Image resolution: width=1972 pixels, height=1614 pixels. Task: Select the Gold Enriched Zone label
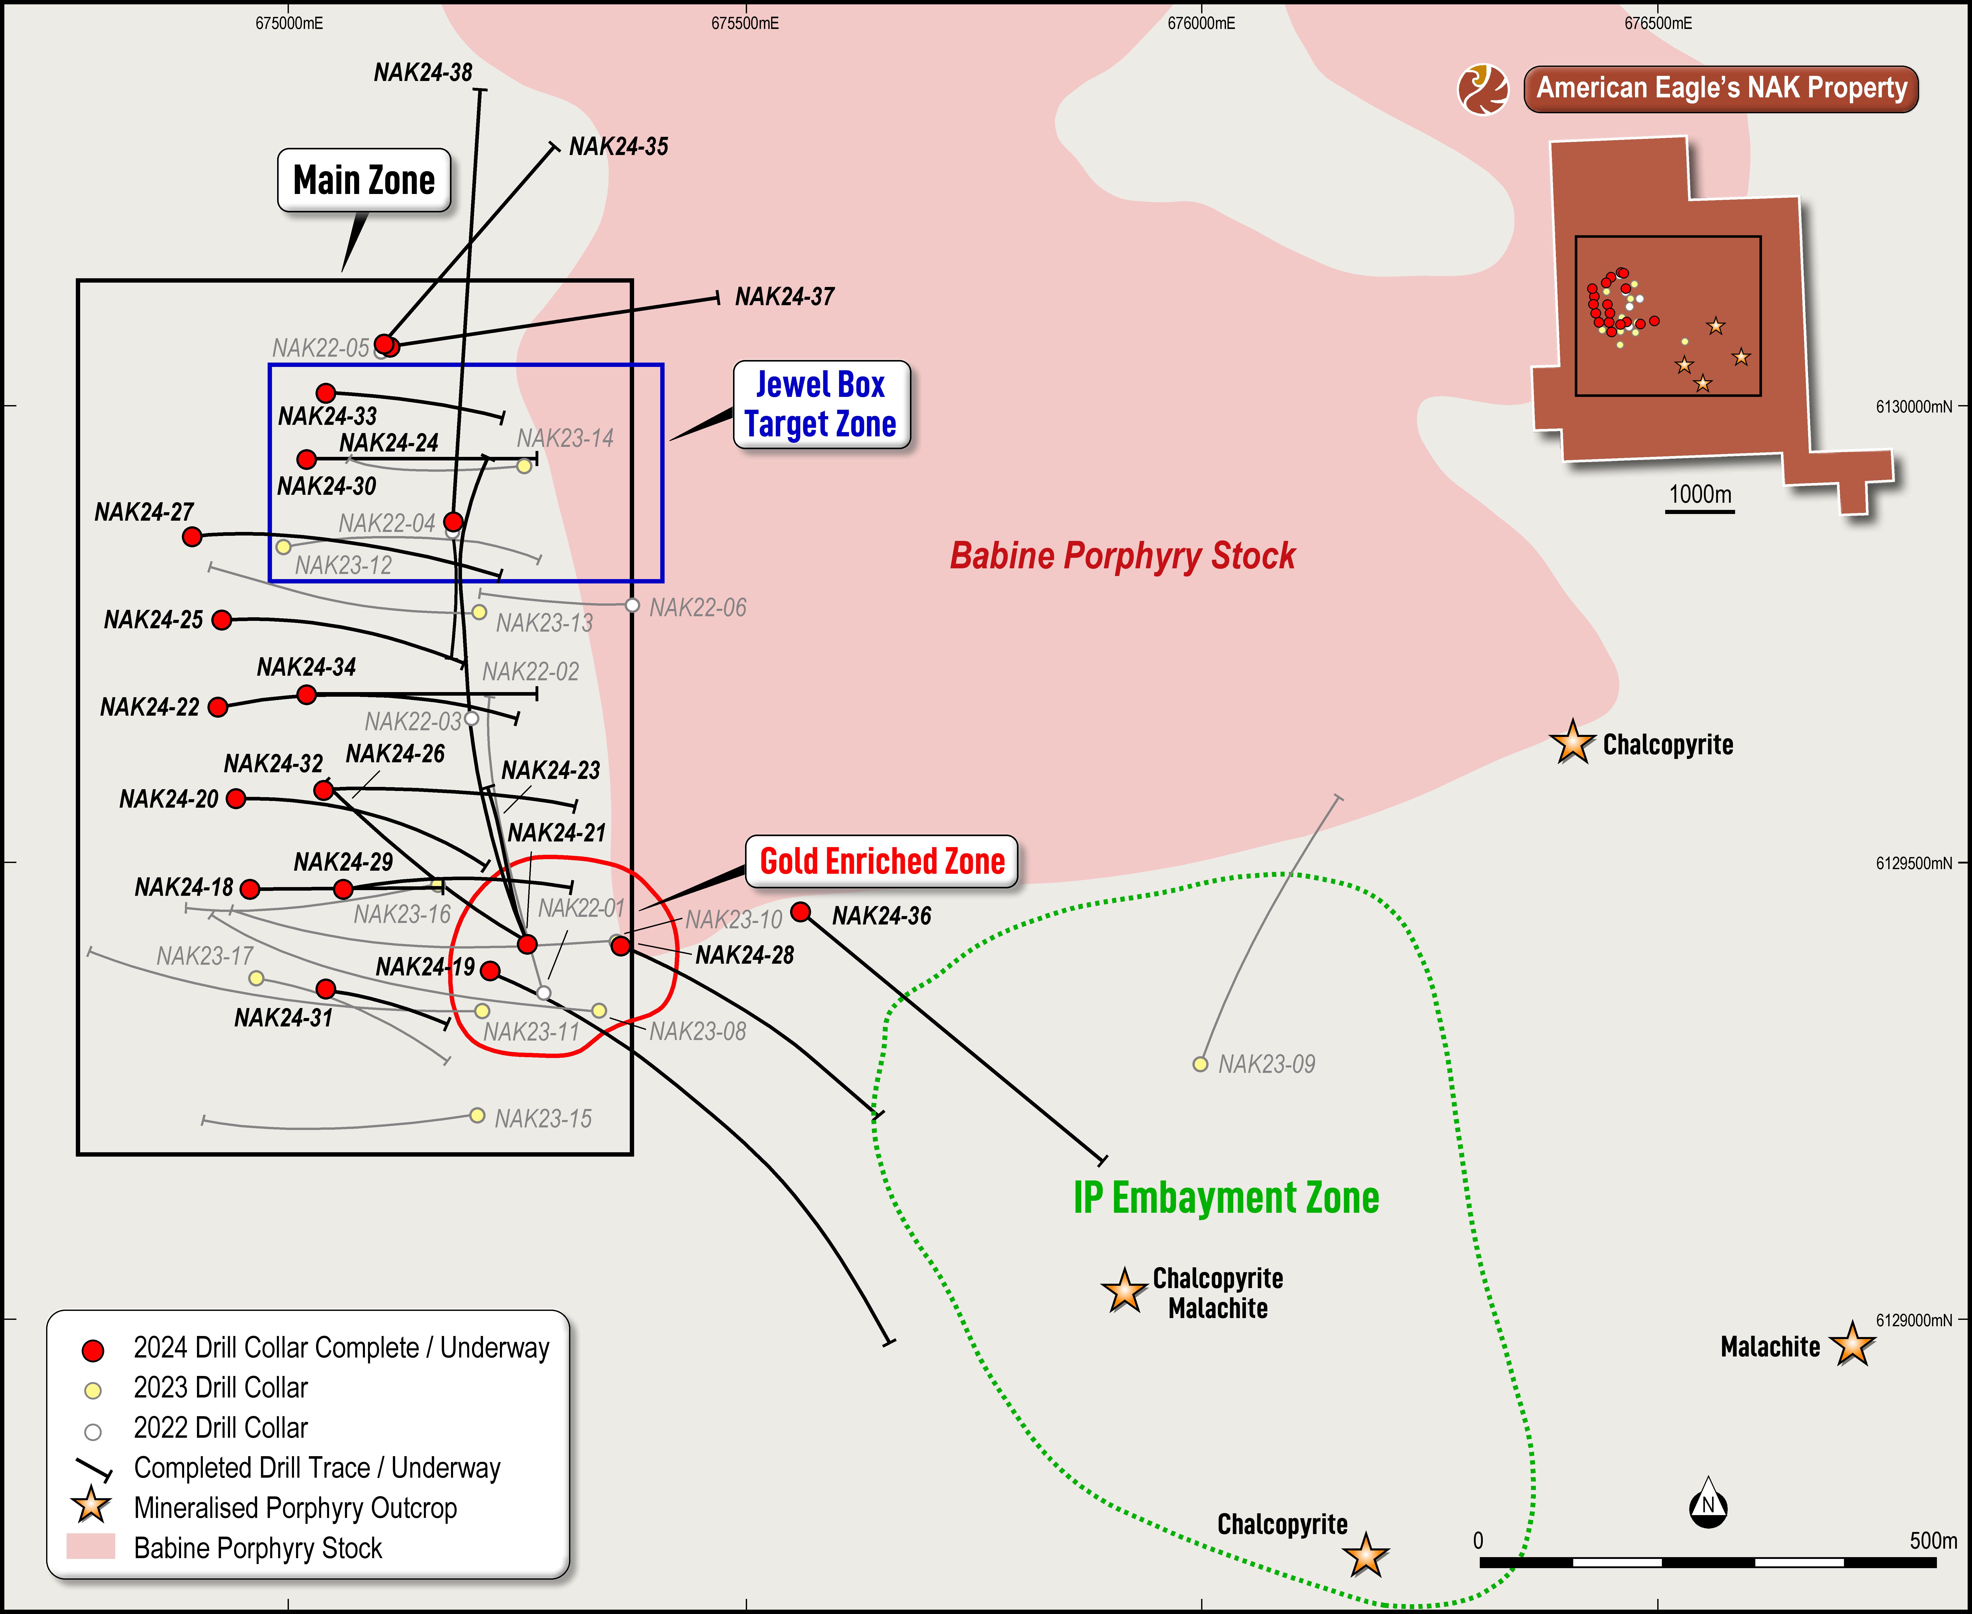[882, 861]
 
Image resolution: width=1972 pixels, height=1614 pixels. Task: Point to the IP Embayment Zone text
[1226, 1197]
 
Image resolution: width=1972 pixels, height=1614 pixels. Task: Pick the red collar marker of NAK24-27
[192, 537]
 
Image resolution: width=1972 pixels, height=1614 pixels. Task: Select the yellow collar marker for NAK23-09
[1201, 1064]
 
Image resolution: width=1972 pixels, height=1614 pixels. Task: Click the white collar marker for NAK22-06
[632, 605]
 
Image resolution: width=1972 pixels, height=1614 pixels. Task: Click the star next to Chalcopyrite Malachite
[1125, 1290]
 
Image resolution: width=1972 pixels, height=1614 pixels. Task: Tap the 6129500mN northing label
[1913, 863]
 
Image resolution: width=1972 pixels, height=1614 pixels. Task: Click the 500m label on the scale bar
[1933, 1540]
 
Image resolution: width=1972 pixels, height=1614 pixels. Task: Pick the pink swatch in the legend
[91, 1546]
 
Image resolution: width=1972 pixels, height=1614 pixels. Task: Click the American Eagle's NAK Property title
[1721, 88]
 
